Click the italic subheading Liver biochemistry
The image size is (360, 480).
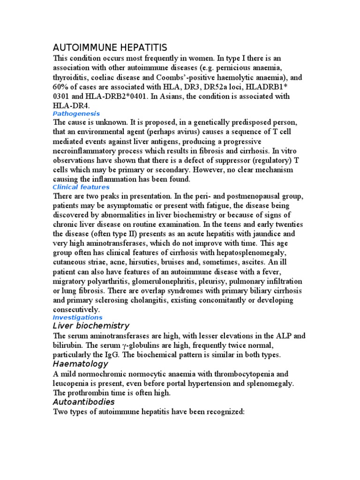point(91,326)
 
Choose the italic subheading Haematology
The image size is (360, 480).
point(80,364)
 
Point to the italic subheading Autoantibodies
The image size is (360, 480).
point(84,402)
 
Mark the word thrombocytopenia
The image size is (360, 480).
point(246,374)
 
